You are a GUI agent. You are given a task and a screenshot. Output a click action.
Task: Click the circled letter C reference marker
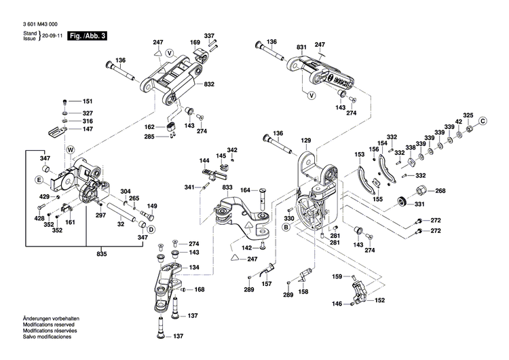[483, 121]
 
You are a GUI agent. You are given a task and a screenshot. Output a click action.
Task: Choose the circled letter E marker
[39, 180]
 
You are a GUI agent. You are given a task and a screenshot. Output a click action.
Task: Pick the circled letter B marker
[286, 228]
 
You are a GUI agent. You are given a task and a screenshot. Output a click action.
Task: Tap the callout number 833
[227, 187]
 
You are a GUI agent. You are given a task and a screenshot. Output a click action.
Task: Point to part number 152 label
[380, 300]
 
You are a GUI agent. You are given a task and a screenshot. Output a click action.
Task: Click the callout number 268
[440, 191]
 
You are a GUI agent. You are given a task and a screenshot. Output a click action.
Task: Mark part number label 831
[301, 46]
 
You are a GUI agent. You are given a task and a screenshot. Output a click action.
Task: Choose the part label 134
[195, 268]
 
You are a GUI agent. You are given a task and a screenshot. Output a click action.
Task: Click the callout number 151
[88, 101]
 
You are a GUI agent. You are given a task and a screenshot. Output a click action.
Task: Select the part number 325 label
[468, 114]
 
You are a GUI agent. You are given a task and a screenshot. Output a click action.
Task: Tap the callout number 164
[246, 190]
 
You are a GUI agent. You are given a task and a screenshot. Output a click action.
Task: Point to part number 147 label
[88, 128]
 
